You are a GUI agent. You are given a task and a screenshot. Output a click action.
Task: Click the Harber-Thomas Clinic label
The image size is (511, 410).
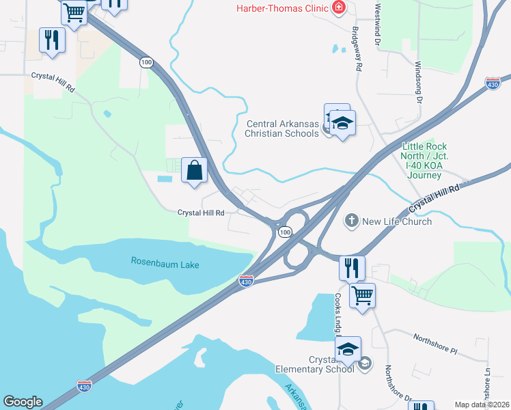click(x=281, y=8)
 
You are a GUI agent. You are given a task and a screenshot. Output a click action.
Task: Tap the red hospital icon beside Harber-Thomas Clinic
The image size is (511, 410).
click(x=337, y=8)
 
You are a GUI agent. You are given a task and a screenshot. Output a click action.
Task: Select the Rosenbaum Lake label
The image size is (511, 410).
click(x=165, y=262)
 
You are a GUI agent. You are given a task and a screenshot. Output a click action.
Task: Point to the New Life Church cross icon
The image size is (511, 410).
click(x=351, y=221)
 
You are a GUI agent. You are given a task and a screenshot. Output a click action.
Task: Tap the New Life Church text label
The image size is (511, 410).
click(x=397, y=221)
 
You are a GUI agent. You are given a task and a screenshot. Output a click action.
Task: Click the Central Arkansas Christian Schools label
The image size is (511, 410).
click(x=282, y=128)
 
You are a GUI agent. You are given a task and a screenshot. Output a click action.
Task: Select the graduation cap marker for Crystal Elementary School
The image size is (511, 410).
click(x=348, y=349)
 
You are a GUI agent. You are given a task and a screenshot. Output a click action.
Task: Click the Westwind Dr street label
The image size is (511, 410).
click(x=377, y=24)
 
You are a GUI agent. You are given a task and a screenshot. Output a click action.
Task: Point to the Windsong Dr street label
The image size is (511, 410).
click(x=419, y=82)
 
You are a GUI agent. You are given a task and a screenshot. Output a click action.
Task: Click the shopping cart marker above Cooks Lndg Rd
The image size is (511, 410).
click(x=362, y=295)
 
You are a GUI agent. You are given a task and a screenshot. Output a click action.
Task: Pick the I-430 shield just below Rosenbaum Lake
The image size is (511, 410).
click(x=247, y=281)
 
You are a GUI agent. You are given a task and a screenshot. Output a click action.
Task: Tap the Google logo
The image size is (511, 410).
click(x=23, y=402)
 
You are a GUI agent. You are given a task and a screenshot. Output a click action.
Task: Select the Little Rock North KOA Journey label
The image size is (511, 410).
click(x=424, y=161)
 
